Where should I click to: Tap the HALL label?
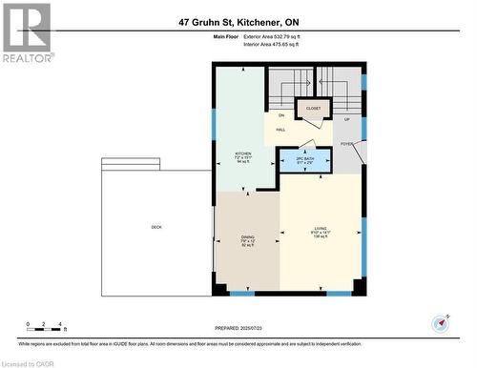pyautogui.click(x=281, y=130)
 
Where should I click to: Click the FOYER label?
pyautogui.click(x=347, y=145)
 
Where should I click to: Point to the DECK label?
pyautogui.click(x=156, y=227)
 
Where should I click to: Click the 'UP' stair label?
pyautogui.click(x=346, y=120)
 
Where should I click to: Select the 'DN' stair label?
pyautogui.click(x=281, y=115)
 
